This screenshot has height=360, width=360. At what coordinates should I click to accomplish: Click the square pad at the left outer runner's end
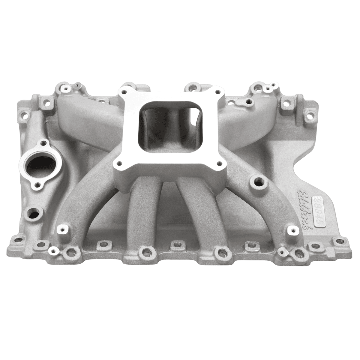pyautogui.click(x=63, y=230)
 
